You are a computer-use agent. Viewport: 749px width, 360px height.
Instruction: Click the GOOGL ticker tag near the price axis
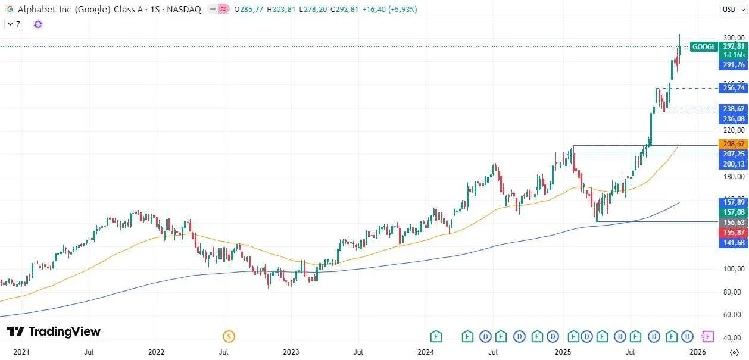point(704,46)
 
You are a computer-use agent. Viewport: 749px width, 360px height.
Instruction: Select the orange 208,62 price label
point(733,144)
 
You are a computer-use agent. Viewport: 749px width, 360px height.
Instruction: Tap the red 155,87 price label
point(733,233)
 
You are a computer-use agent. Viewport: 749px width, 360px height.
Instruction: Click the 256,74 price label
point(733,88)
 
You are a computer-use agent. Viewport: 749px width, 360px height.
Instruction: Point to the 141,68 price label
point(733,243)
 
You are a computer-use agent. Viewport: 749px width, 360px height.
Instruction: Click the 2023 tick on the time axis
point(291,352)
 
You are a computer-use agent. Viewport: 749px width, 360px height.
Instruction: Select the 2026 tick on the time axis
point(698,352)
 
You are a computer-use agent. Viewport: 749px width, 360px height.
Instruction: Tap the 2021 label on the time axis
point(21,352)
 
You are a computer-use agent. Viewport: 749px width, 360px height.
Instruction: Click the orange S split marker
point(229,337)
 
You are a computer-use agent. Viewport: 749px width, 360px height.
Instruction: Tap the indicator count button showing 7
point(14,24)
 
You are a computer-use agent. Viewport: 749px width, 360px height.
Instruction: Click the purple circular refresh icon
point(38,24)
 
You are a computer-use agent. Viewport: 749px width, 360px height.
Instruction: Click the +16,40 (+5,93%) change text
point(392,10)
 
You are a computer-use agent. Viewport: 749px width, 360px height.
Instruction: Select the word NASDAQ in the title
point(185,10)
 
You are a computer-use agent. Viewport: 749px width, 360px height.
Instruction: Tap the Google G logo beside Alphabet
point(10,10)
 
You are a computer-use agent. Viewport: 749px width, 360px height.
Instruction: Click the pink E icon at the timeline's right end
point(708,337)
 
